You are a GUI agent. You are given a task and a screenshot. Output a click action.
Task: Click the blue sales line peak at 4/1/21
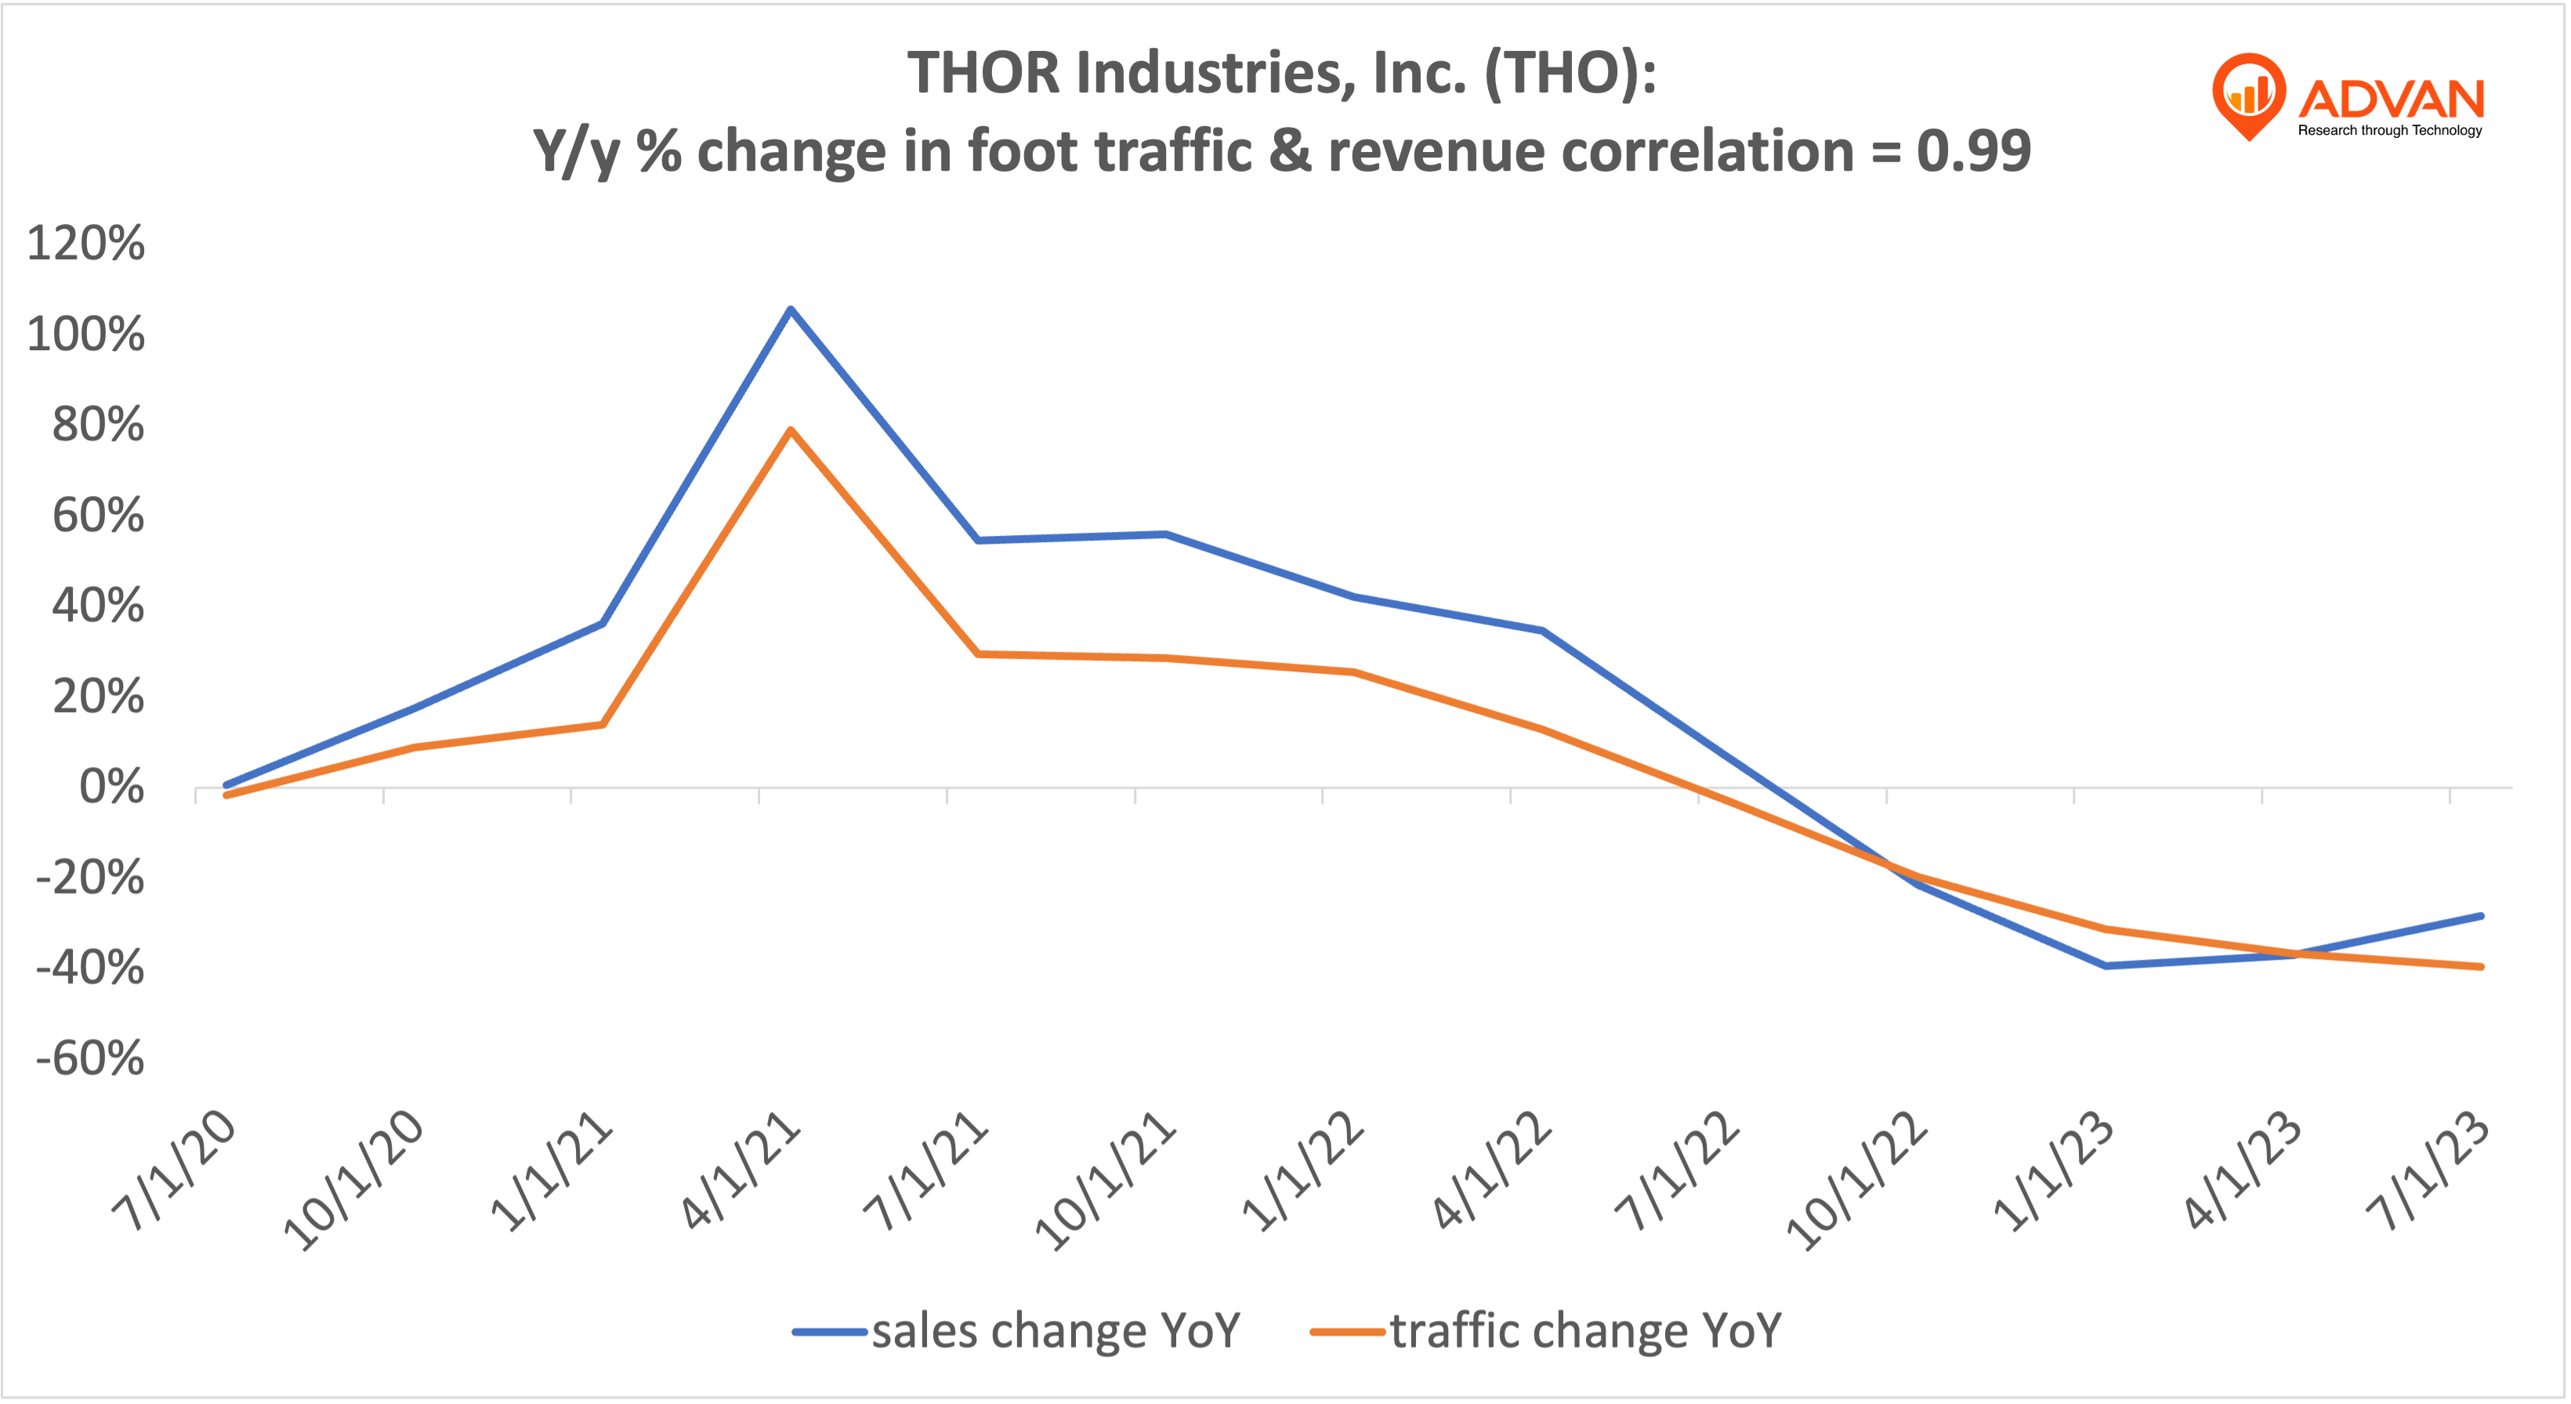(791, 309)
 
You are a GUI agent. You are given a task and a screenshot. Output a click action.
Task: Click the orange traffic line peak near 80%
(791, 430)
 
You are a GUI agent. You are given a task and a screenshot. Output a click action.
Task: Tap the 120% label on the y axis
(86, 244)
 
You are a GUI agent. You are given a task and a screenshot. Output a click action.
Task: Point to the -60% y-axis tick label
(90, 1058)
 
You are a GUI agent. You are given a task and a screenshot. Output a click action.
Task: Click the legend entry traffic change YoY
(1585, 1330)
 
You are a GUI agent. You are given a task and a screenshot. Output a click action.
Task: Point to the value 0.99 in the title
(1973, 152)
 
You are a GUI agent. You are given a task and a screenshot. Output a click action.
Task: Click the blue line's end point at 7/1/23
(2480, 916)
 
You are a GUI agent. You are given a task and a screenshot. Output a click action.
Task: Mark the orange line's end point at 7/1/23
(2480, 966)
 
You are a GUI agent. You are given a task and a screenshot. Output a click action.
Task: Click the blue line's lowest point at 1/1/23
(2106, 966)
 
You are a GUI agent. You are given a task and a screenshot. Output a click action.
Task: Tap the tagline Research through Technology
(2389, 131)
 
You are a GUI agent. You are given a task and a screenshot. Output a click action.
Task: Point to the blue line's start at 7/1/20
(227, 784)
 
